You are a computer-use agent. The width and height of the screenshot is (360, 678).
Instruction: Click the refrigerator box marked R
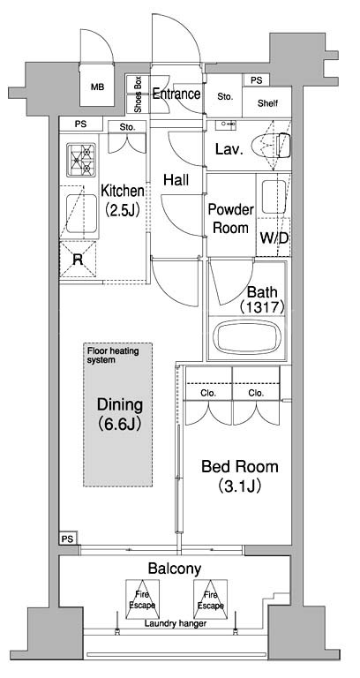78,259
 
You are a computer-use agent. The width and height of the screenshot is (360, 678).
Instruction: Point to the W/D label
274,237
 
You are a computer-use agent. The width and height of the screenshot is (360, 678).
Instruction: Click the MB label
97,87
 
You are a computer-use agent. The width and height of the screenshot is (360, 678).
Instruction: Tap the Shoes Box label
138,94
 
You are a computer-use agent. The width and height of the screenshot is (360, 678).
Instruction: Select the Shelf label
267,103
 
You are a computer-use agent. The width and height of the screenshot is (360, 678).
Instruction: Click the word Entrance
176,94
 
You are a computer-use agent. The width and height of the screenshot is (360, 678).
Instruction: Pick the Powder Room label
231,219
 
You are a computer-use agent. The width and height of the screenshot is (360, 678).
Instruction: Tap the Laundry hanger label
175,623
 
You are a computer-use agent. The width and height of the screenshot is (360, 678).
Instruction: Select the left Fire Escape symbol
142,599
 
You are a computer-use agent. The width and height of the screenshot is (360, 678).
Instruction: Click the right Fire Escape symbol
211,599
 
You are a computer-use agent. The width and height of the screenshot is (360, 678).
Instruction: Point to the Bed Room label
240,476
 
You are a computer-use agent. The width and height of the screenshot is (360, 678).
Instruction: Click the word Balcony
175,569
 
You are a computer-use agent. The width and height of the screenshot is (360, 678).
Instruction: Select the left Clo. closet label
209,393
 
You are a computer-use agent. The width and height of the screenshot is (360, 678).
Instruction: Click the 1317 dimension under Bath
261,307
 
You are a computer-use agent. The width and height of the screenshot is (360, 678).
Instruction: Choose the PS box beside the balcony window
68,539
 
